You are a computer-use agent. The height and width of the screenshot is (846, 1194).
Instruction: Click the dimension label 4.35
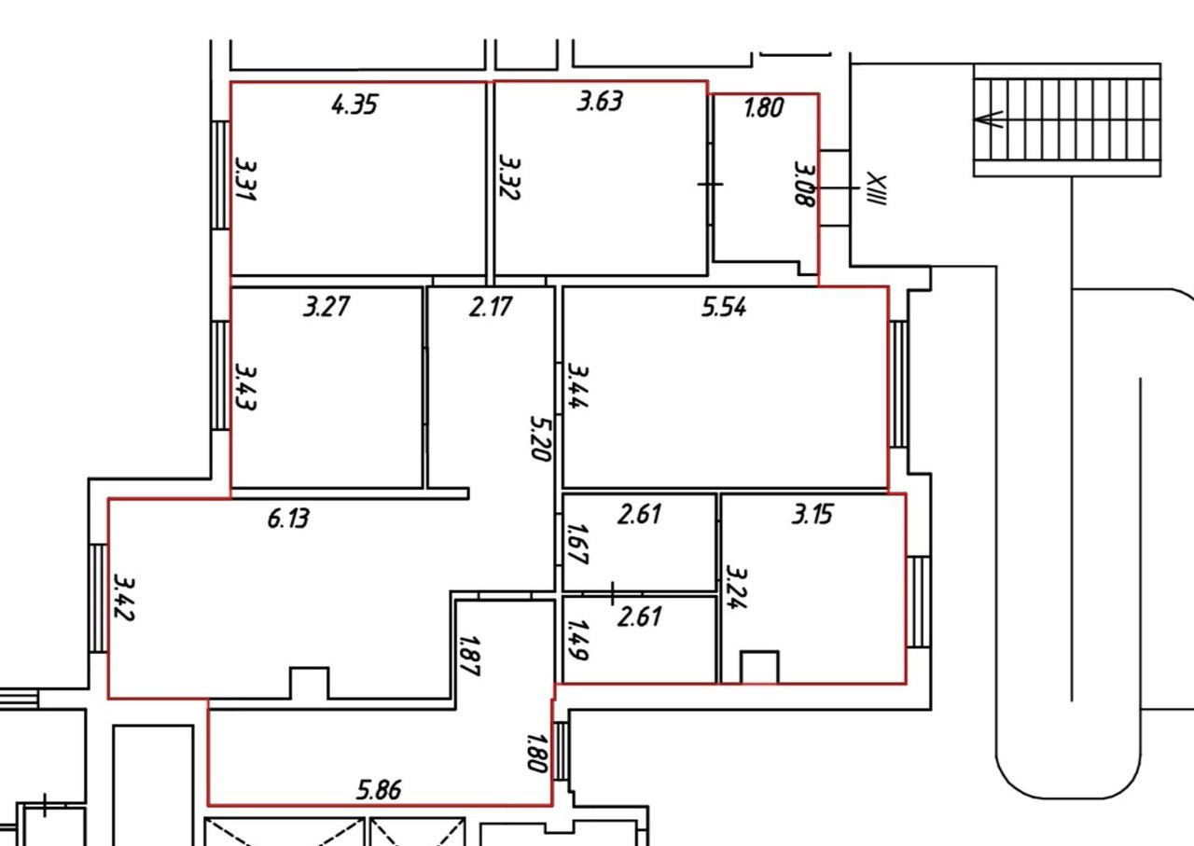(x=354, y=104)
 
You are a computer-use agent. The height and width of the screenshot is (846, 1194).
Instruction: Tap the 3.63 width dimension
(x=600, y=102)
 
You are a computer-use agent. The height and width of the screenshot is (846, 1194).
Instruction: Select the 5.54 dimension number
(x=724, y=307)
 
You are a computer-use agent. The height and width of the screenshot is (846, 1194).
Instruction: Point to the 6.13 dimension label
(x=288, y=519)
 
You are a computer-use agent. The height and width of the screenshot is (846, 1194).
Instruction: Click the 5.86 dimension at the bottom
(x=379, y=789)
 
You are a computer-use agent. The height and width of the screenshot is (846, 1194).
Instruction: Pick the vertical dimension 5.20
(x=539, y=438)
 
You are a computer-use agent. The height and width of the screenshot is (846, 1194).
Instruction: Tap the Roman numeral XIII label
(x=876, y=188)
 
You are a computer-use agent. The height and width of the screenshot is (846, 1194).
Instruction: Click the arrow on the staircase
(x=988, y=119)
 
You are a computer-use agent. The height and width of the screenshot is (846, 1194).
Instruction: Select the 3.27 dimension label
(x=326, y=307)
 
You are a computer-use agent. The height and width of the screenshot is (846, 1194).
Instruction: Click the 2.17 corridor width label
(x=491, y=307)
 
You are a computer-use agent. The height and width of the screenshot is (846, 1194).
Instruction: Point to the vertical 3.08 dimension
(x=804, y=184)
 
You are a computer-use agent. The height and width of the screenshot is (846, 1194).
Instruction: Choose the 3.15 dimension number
(x=812, y=515)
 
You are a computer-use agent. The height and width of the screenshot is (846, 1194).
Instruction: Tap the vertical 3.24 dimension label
(x=736, y=588)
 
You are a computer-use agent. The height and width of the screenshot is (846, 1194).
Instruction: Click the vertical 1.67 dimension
(x=577, y=545)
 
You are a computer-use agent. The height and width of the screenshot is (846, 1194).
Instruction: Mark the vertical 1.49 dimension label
(x=577, y=640)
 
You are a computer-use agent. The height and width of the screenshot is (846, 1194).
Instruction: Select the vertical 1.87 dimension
(x=469, y=656)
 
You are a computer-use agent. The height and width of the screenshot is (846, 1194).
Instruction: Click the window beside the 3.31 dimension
(x=220, y=175)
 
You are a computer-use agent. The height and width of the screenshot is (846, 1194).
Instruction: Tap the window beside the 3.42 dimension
(x=98, y=598)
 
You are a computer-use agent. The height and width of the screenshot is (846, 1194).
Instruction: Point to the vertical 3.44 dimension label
(x=577, y=386)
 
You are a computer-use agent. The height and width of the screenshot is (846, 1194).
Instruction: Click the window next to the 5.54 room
(x=898, y=384)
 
